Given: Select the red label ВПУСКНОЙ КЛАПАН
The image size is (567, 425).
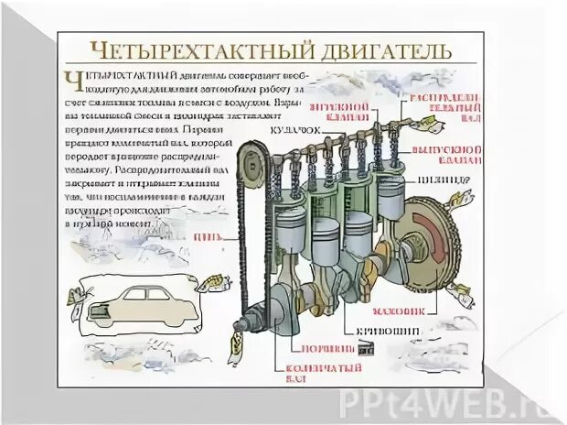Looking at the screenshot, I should [x=342, y=113].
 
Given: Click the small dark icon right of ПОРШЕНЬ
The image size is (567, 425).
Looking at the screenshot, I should [x=368, y=348].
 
